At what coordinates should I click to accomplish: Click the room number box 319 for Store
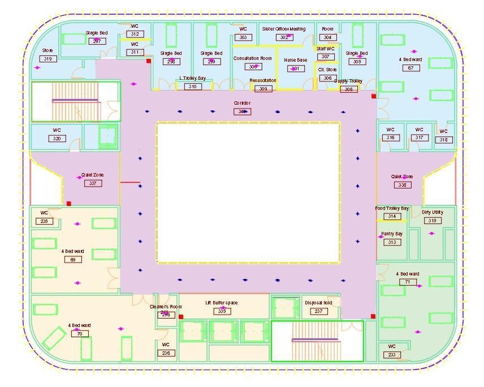tap(47, 59)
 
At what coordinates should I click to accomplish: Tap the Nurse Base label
tap(295, 60)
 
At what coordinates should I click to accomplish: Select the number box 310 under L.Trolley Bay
tap(193, 87)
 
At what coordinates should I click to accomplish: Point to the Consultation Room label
tap(252, 58)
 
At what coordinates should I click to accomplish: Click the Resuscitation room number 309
tap(263, 89)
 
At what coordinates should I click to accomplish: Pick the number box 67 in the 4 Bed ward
tap(410, 68)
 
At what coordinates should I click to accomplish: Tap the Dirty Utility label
tap(433, 212)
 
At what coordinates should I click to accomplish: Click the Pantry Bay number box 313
tap(391, 242)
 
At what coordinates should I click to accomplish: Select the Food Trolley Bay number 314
tap(391, 217)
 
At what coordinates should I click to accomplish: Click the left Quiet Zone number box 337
tap(92, 183)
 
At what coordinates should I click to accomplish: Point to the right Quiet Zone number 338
tap(401, 185)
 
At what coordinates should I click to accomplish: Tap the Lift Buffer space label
tap(222, 303)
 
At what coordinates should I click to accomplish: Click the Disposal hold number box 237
tap(318, 311)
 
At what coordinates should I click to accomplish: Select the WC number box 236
tap(166, 353)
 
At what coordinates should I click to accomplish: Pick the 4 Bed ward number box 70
tap(79, 334)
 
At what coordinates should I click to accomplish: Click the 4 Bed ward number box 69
tap(72, 260)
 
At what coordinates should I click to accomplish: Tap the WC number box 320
tap(57, 139)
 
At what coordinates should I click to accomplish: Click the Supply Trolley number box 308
tap(348, 89)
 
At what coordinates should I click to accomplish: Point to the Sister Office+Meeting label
tap(284, 29)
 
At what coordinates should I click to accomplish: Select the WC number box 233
tap(392, 355)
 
